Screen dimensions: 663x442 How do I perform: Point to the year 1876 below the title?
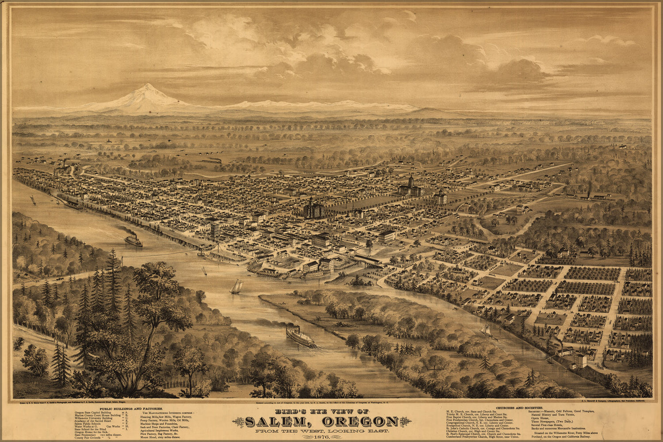click(316, 437)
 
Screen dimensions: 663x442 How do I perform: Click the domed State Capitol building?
click(410, 186)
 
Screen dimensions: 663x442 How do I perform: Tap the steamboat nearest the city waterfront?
click(133, 240)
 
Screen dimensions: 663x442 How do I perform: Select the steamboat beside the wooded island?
click(300, 336)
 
